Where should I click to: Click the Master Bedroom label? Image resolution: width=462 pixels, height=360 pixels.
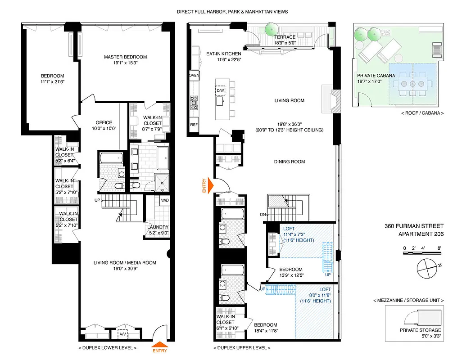click(125, 57)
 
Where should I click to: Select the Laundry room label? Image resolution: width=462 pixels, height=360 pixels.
click(159, 227)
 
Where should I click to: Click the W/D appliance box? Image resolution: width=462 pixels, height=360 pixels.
click(164, 200)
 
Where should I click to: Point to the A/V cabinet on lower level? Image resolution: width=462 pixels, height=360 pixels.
click(122, 334)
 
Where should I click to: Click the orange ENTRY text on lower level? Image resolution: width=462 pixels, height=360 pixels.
click(159, 351)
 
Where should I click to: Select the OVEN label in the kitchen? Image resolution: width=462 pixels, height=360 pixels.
click(194, 76)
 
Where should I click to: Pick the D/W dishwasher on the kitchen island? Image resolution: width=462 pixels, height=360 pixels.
click(221, 90)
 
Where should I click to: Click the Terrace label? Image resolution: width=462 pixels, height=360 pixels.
click(285, 37)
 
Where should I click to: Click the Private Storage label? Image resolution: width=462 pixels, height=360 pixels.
click(417, 330)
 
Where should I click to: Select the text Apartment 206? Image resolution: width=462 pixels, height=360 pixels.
click(421, 234)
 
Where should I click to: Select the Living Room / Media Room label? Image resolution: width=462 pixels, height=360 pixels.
click(125, 263)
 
